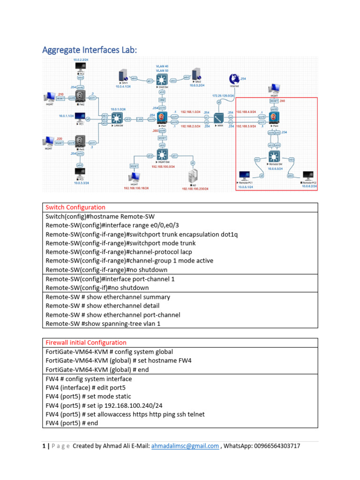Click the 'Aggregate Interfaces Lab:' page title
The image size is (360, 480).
click(90, 50)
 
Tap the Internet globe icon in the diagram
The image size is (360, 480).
click(234, 80)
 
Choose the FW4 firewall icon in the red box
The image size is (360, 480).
click(274, 117)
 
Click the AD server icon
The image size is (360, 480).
click(192, 177)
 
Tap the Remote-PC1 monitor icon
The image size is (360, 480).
click(244, 176)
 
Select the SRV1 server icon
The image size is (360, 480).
click(123, 76)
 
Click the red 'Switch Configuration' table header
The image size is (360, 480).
click(75, 207)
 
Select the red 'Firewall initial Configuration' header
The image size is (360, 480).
click(86, 343)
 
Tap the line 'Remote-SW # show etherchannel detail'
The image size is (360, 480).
click(107, 306)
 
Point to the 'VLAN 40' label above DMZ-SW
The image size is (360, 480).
click(163, 66)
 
